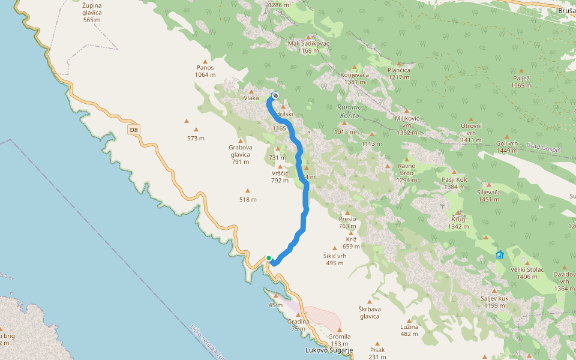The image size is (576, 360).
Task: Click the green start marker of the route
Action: pyautogui.click(x=269, y=258)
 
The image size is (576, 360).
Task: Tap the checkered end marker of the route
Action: pyautogui.click(x=275, y=95)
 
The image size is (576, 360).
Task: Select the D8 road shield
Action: pyautogui.click(x=133, y=129)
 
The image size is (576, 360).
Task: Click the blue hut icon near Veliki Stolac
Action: pyautogui.click(x=500, y=255)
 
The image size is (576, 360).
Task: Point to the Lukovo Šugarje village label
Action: pyautogui.click(x=329, y=350)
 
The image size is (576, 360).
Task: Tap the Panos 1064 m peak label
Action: pyautogui.click(x=205, y=71)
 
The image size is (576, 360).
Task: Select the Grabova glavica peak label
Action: pyautogui.click(x=240, y=151)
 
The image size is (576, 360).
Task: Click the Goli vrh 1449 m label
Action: pyautogui.click(x=507, y=147)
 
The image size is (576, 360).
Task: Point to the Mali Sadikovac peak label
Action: pyautogui.click(x=308, y=47)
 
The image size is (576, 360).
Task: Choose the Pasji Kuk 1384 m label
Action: pyautogui.click(x=454, y=183)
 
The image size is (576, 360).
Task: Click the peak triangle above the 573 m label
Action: pyautogui.click(x=196, y=129)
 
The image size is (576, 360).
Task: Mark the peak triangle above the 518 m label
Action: pyautogui.click(x=247, y=190)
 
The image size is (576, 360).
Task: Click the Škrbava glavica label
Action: pyautogui.click(x=370, y=313)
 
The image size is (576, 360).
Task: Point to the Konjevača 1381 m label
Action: pyautogui.click(x=354, y=78)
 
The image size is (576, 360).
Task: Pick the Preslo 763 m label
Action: pyautogui.click(x=347, y=223)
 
